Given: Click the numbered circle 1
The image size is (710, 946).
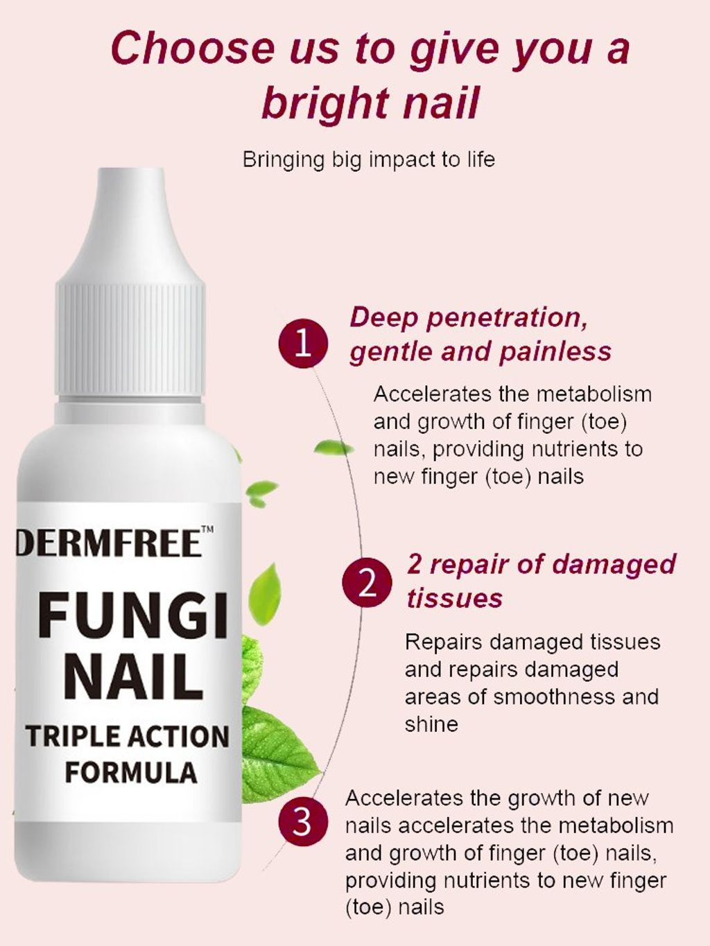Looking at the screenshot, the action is click(304, 343).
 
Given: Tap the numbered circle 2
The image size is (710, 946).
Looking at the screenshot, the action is click(367, 582).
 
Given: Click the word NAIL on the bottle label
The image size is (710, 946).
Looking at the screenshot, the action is click(133, 678).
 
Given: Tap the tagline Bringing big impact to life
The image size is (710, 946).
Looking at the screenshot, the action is click(369, 159).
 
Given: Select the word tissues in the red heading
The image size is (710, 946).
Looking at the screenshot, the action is click(454, 598).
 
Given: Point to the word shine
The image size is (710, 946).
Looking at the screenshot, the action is click(431, 724).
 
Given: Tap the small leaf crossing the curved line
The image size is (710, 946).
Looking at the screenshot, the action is click(334, 448).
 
